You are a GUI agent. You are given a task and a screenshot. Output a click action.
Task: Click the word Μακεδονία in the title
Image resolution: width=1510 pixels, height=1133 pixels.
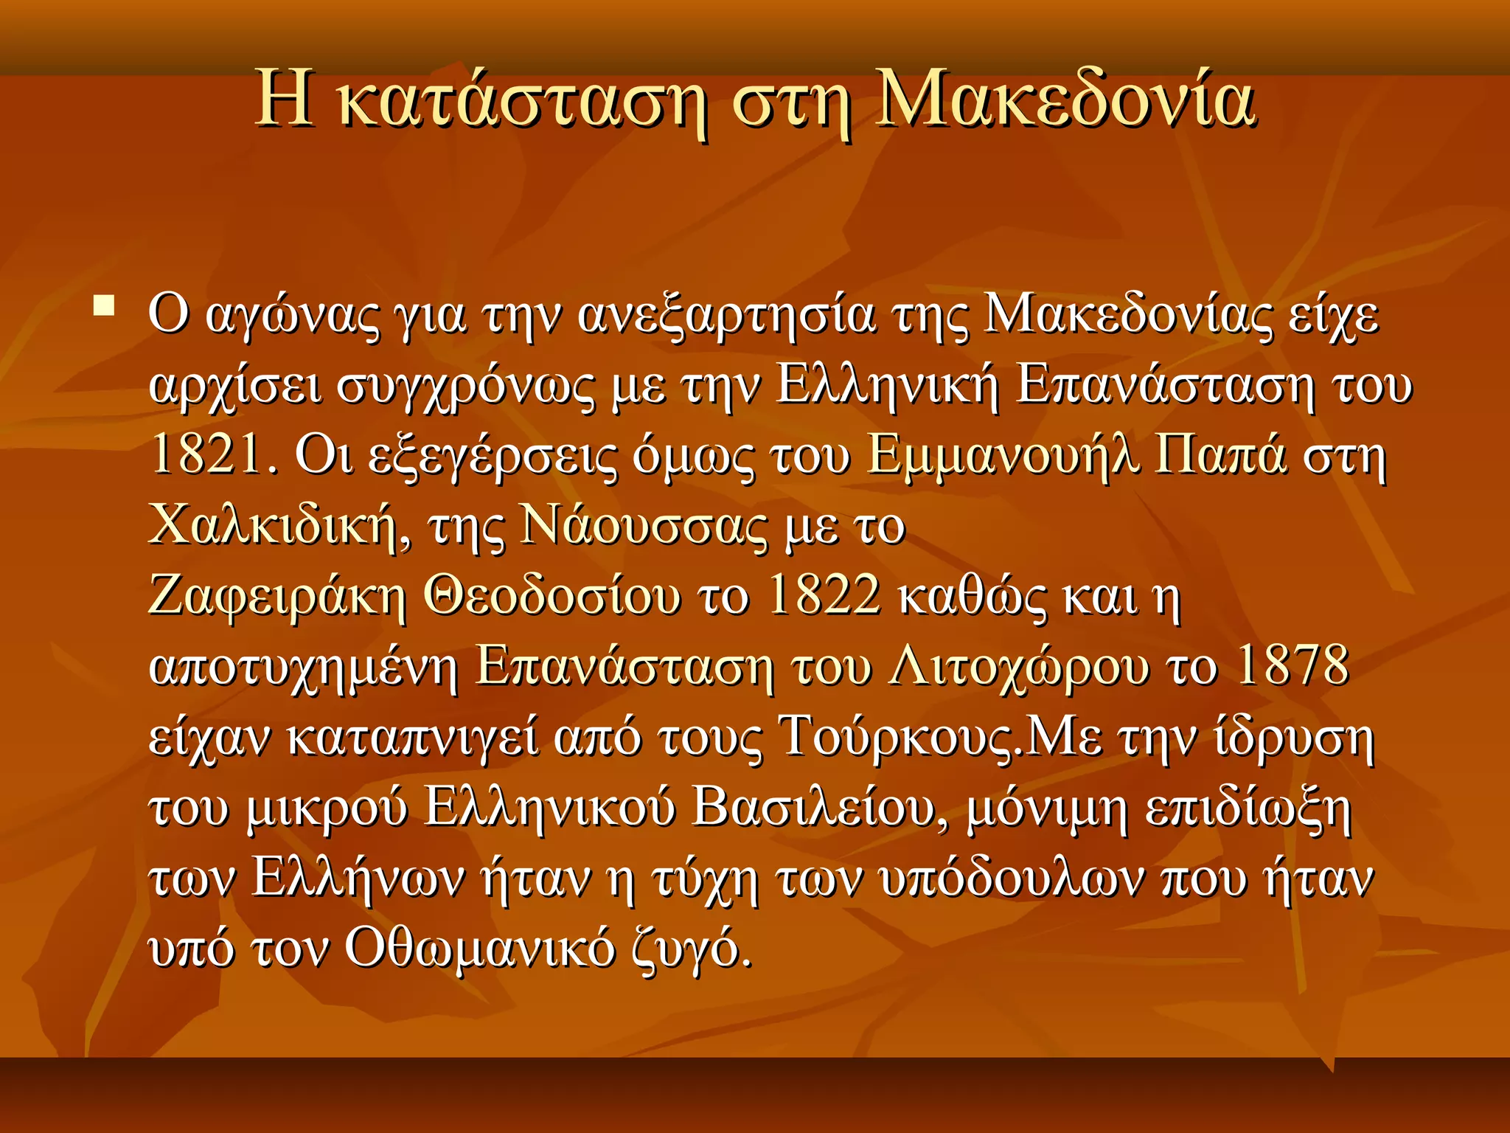(1065, 101)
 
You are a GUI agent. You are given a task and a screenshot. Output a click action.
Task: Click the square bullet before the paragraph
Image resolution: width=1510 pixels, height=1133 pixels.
(103, 305)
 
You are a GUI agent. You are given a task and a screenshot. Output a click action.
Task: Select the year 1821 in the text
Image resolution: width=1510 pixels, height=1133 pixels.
(206, 454)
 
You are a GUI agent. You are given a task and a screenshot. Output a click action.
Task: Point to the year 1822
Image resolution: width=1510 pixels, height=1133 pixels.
(824, 595)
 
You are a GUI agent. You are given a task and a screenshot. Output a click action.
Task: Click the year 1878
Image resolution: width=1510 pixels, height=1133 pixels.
(1292, 665)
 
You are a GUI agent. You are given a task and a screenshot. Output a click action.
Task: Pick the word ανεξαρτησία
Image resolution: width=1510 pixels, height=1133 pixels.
(726, 316)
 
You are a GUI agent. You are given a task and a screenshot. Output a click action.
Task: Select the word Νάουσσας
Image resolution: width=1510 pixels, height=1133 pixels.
(643, 525)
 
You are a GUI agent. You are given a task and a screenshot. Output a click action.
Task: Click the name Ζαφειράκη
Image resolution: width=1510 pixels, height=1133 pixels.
(277, 596)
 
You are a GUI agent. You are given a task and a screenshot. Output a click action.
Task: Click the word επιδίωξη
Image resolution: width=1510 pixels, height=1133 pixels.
(1248, 808)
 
